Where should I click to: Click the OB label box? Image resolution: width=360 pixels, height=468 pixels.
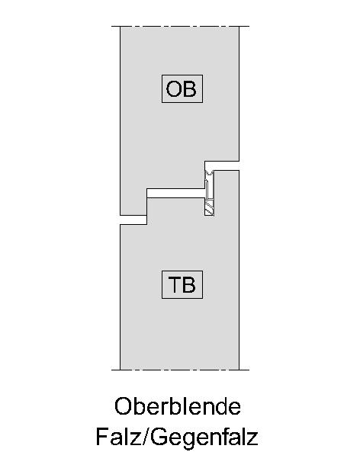182,88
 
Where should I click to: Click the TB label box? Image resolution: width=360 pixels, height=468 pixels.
182,284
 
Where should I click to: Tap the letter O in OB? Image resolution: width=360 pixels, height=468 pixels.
173,89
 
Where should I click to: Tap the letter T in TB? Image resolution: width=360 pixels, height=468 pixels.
175,284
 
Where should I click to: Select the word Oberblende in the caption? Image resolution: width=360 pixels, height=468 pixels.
178,405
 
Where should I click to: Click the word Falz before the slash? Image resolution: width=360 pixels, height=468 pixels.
118,436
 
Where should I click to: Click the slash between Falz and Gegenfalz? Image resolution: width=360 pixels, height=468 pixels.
145,436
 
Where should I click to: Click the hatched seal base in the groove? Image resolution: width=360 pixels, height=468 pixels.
209,207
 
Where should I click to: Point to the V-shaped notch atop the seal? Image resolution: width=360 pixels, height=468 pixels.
209,172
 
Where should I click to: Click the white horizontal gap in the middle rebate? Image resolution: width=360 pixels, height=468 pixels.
175,193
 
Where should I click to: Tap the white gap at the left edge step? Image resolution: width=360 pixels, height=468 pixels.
133,220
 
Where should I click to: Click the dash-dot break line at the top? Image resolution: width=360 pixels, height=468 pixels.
180,26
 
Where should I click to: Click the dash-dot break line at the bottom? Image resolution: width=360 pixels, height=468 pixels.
180,370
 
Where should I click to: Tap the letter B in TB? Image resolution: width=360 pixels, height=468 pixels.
189,284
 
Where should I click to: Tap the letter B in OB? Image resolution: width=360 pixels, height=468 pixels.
190,89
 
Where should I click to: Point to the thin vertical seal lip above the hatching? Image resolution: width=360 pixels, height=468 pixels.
207,188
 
